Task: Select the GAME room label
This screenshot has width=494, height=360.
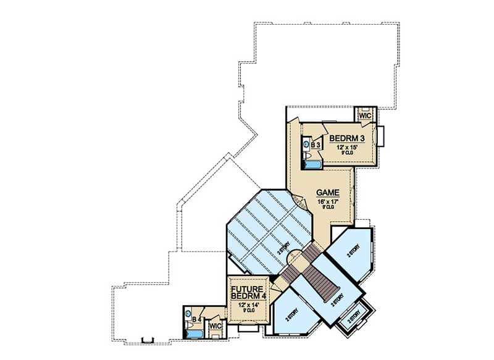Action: click(x=327, y=193)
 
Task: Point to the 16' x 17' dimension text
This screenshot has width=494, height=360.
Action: click(x=327, y=201)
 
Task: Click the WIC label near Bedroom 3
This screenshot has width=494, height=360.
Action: click(x=364, y=115)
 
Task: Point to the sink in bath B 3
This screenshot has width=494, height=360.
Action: click(x=305, y=144)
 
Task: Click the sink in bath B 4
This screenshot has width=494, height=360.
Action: click(x=188, y=313)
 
